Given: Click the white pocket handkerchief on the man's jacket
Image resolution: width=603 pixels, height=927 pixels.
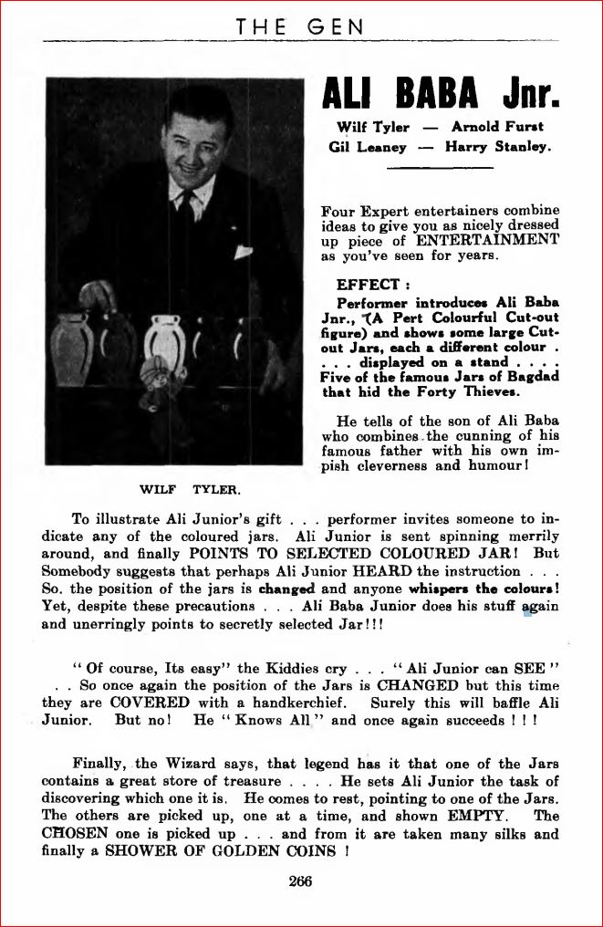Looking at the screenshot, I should click(243, 253).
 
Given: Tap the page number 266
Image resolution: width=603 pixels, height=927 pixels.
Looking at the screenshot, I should click(299, 880).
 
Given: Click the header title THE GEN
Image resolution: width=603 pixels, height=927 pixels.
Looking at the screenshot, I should click(300, 27).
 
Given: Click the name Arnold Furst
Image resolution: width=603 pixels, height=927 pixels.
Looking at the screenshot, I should click(496, 127).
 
